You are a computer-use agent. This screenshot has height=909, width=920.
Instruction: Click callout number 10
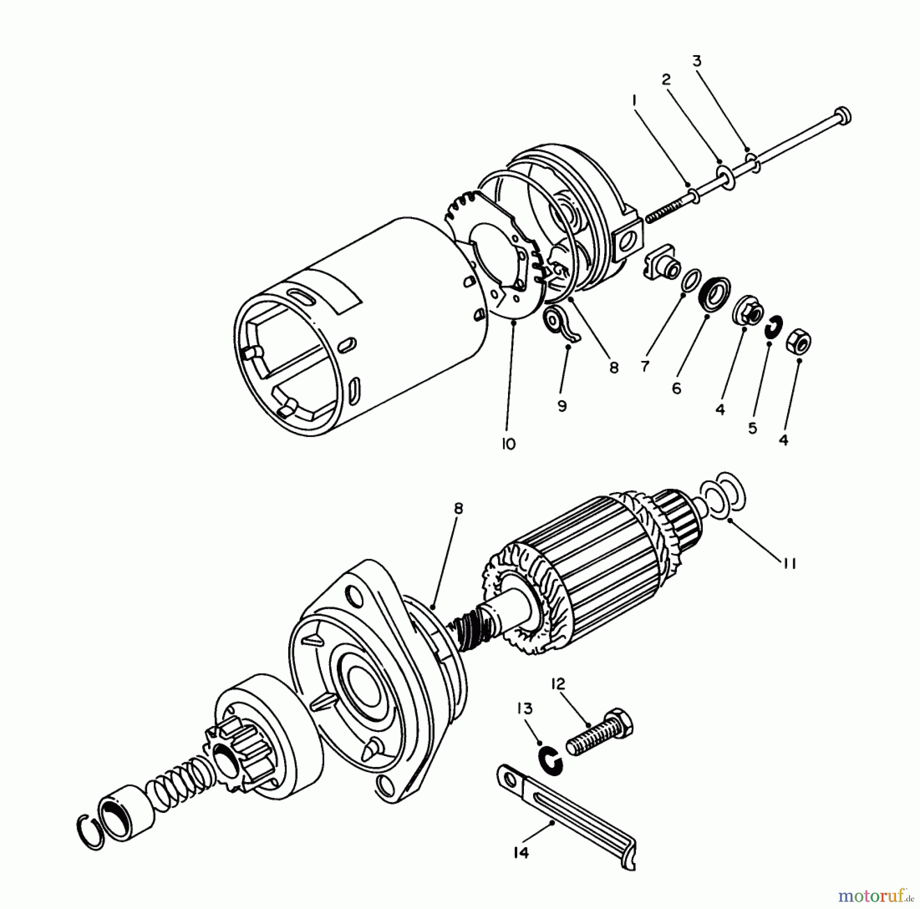509,444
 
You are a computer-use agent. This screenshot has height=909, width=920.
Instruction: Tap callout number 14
521,852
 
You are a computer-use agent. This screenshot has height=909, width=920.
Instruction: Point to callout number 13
525,709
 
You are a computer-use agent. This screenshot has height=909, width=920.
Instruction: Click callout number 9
562,406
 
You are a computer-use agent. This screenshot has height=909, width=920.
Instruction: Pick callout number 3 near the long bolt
697,61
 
